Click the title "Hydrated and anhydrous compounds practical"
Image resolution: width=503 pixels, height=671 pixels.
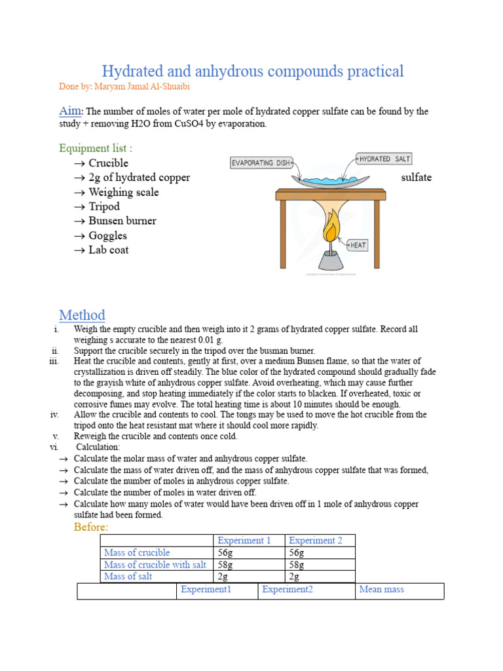(x=253, y=71)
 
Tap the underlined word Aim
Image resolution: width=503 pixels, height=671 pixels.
(x=71, y=111)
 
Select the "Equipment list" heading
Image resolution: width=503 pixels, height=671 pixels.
(x=100, y=148)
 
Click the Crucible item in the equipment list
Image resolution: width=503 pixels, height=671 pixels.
(x=108, y=163)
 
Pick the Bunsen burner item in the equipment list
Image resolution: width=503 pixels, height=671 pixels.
(x=122, y=221)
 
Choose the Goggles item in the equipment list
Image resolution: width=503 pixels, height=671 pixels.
(x=107, y=235)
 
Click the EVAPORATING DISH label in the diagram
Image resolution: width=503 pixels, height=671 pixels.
(x=261, y=163)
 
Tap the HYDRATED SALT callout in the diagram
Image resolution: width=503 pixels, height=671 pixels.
(x=384, y=159)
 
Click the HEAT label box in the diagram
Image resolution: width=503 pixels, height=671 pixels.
(x=358, y=245)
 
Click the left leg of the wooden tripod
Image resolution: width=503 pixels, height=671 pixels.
(x=282, y=234)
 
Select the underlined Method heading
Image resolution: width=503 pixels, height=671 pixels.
(x=82, y=315)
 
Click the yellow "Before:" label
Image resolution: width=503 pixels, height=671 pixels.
(x=91, y=527)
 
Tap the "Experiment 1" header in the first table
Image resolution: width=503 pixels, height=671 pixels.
(x=244, y=541)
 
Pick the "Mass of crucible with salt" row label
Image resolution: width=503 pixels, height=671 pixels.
(x=155, y=565)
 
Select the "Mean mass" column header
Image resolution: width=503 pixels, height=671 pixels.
(x=382, y=589)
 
